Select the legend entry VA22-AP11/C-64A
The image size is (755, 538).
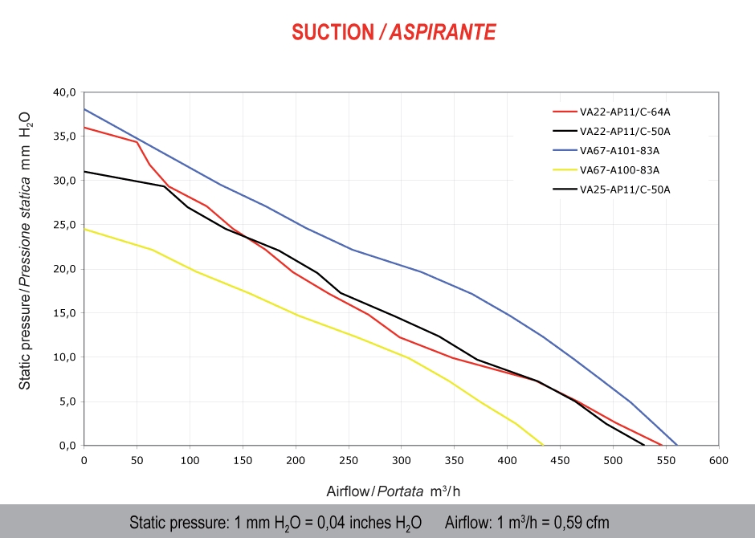(625, 112)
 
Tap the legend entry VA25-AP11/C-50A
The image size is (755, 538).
(625, 190)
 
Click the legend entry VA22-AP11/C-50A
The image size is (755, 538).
(625, 131)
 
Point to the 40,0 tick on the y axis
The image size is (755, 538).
(63, 92)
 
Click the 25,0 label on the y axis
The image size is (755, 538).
(63, 225)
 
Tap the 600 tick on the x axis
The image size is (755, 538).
(719, 460)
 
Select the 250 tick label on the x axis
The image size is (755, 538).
(349, 460)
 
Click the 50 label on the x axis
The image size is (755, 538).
(137, 460)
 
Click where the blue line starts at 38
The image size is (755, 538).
(84, 109)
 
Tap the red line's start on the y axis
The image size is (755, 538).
(84, 127)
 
